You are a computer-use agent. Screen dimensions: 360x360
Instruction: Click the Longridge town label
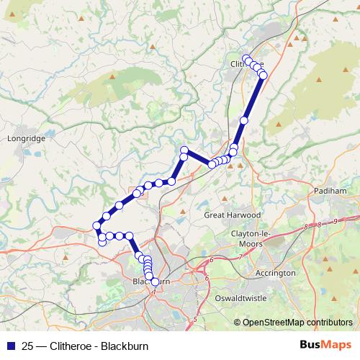click(25, 137)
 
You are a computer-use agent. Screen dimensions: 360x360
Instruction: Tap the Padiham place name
click(330, 191)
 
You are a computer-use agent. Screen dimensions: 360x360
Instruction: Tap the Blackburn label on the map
click(150, 282)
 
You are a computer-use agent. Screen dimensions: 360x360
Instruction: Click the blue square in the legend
click(9, 346)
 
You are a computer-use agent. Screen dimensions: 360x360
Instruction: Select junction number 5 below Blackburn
click(194, 319)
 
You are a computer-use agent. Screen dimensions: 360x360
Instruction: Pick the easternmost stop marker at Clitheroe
click(263, 75)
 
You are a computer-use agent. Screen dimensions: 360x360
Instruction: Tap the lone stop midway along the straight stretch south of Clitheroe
click(245, 120)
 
